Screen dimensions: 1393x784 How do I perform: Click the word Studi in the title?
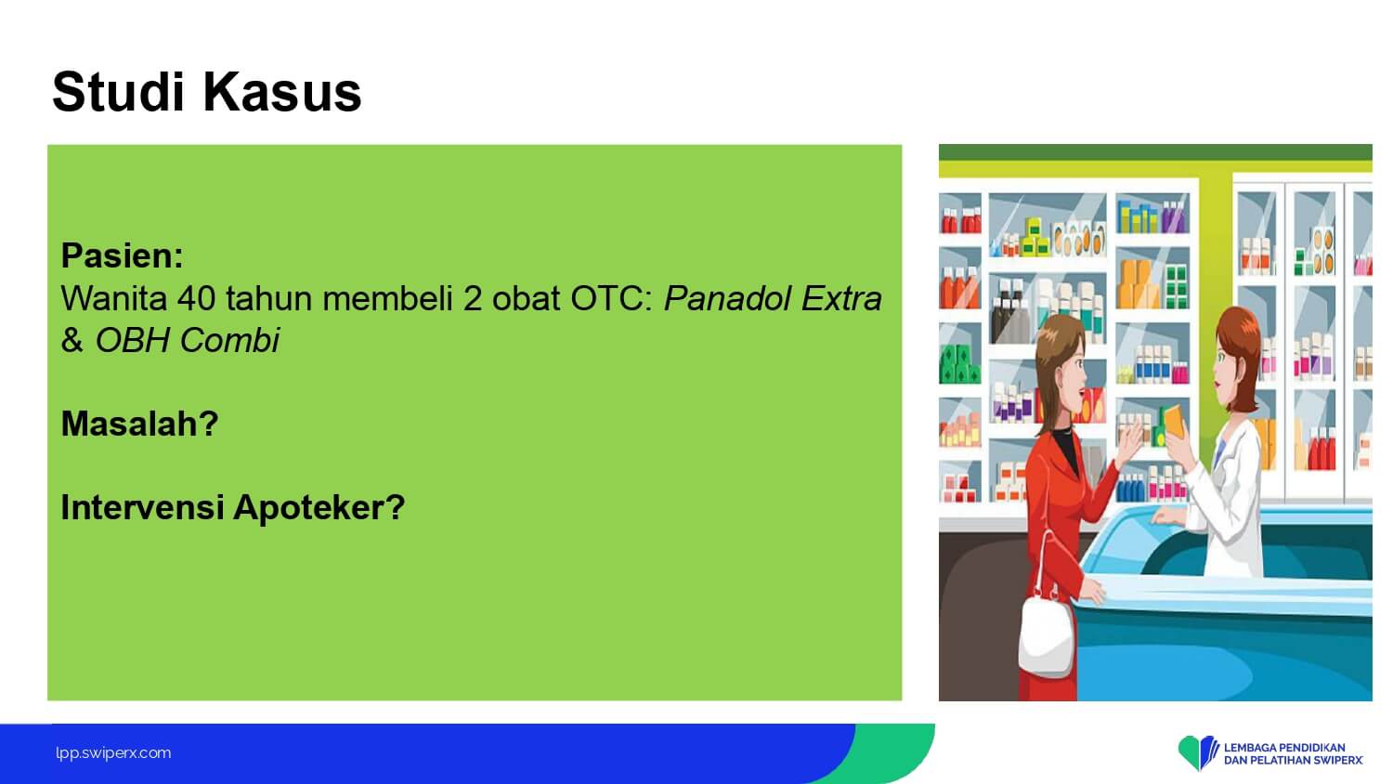pyautogui.click(x=119, y=92)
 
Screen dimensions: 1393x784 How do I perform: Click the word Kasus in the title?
pyautogui.click(x=282, y=92)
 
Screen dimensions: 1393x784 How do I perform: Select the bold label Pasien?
pyautogui.click(x=123, y=255)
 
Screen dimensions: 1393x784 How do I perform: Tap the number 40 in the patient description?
pyautogui.click(x=197, y=298)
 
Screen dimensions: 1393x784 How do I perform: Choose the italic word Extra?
pyautogui.click(x=841, y=298)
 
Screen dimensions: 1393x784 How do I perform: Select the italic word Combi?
pyautogui.click(x=230, y=340)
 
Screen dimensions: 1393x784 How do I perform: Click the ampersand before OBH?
pyautogui.click(x=72, y=340)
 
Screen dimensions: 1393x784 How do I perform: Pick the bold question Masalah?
pyautogui.click(x=140, y=424)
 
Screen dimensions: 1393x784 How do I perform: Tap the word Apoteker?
pyautogui.click(x=319, y=508)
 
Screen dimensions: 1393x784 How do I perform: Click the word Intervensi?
pyautogui.click(x=142, y=507)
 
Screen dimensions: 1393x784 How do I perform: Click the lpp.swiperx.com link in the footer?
pyautogui.click(x=113, y=753)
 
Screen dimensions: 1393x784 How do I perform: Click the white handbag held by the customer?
pyautogui.click(x=1046, y=634)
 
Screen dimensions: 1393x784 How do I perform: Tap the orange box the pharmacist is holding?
pyautogui.click(x=1175, y=422)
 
